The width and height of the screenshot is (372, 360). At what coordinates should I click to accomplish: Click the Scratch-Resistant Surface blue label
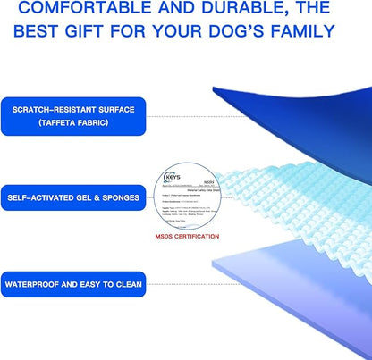73,115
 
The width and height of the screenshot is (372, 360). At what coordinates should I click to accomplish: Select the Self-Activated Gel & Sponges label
73,197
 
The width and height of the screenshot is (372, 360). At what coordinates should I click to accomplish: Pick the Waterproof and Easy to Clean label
73,287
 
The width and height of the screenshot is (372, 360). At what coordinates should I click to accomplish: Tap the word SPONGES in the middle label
121,197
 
